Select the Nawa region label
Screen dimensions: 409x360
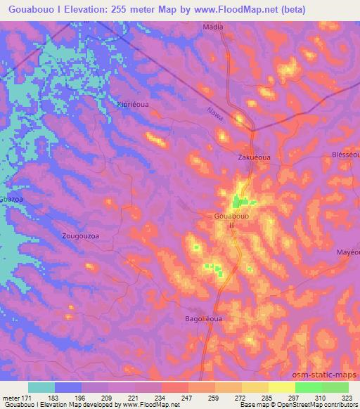point(215,112)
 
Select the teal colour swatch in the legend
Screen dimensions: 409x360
point(41,387)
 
